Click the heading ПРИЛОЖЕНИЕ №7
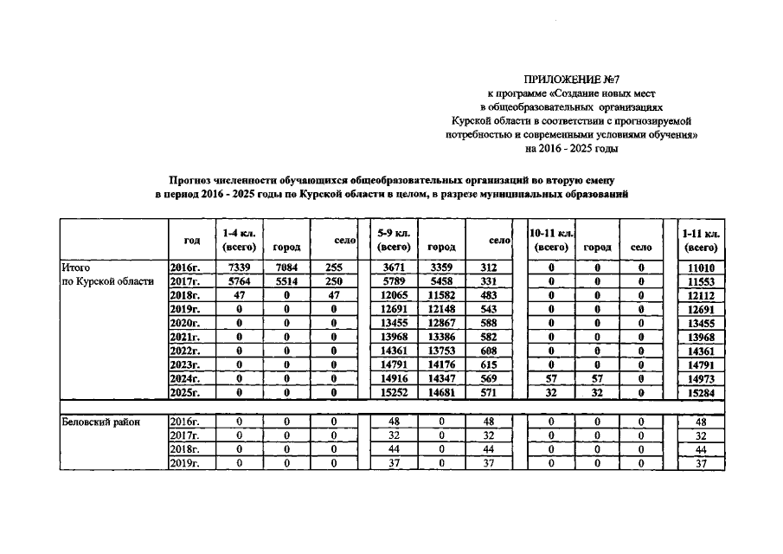(570, 80)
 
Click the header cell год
(192, 241)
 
